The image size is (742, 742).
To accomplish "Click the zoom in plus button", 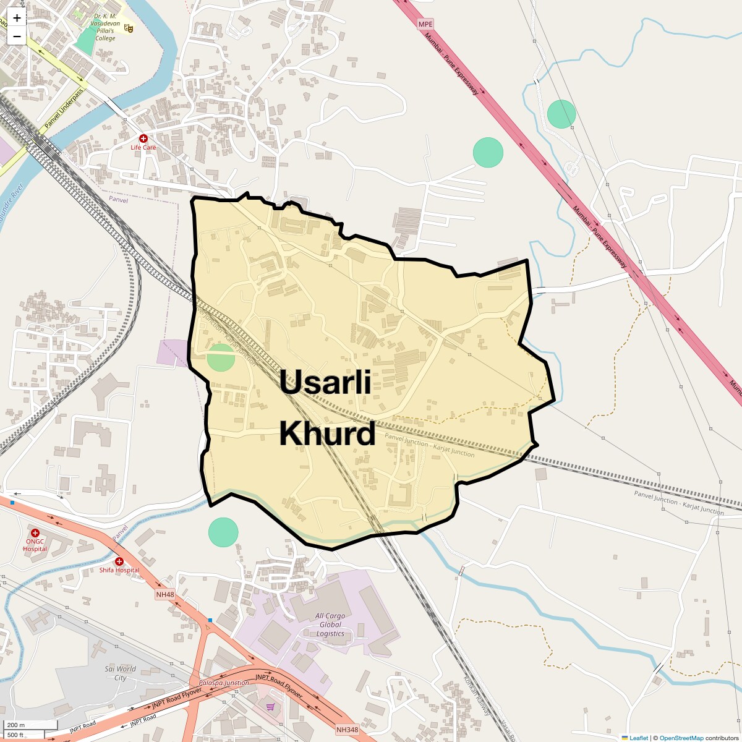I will point(17,18).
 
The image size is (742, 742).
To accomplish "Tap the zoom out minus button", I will point(17,36).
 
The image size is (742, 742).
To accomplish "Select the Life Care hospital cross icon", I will point(143,139).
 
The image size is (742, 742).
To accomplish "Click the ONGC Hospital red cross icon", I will point(35,533).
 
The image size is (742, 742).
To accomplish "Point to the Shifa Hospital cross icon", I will point(119,561).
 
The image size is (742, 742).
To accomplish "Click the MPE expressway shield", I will point(425,24).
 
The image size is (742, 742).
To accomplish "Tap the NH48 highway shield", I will point(165,594).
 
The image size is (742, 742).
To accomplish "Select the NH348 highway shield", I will point(347,730).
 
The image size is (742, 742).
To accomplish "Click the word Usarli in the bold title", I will point(325,383).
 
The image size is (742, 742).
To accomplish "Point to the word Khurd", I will point(327,434).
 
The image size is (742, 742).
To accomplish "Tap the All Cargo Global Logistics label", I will point(330,625).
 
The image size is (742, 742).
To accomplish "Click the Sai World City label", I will point(120,673).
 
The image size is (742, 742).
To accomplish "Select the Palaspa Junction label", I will point(224,683).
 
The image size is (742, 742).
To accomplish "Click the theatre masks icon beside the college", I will point(129,27).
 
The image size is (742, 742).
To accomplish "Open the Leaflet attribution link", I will point(638,738).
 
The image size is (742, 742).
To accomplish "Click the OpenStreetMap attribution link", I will point(681,738).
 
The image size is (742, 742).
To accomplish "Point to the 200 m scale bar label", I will point(17,725).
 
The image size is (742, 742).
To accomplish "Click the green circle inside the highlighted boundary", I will point(221,357).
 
